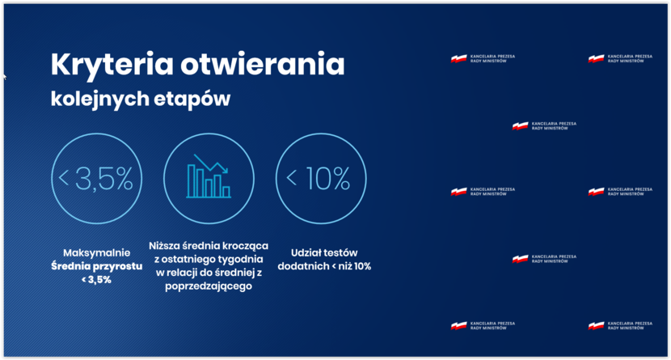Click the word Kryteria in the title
(112, 65)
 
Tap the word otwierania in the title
(262, 64)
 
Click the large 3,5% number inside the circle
(104, 179)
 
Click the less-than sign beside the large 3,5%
(64, 178)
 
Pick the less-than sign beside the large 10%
(291, 178)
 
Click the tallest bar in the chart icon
(191, 181)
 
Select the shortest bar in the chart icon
(226, 192)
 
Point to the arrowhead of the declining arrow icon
(225, 170)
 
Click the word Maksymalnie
(97, 252)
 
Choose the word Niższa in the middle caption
(164, 246)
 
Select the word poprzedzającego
(209, 286)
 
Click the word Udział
(306, 252)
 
